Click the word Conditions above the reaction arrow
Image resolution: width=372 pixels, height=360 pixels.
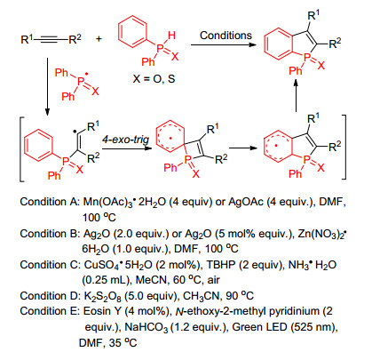pos(226,36)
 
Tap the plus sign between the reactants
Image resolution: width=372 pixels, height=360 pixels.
pos(99,38)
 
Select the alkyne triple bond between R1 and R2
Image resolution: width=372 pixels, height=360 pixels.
pos(51,39)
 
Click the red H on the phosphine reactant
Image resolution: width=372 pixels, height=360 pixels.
pos(171,36)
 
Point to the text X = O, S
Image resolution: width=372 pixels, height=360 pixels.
pos(154,79)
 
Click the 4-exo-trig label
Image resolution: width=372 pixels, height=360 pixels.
pos(126,139)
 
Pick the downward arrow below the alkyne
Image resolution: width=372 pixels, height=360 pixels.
pos(47,86)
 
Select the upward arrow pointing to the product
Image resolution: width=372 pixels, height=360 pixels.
pos(296,95)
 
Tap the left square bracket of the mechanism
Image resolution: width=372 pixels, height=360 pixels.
pos(20,149)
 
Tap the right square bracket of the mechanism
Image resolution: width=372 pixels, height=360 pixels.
pos(344,147)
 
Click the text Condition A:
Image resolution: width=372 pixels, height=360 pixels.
pos(50,202)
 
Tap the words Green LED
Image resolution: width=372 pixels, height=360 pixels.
pos(259,327)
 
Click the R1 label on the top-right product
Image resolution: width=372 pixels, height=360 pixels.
pos(313,15)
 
